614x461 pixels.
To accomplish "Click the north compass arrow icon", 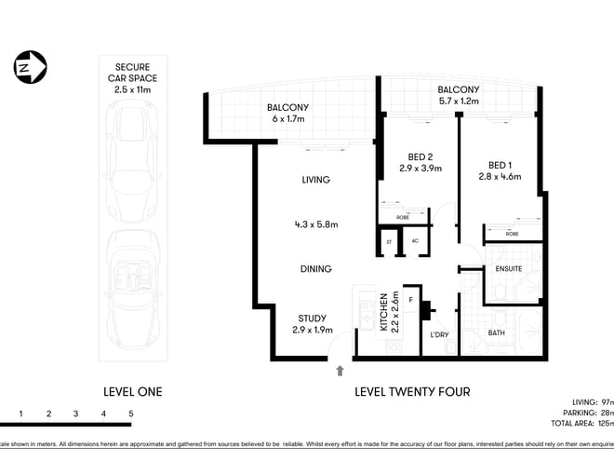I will tap(31, 68).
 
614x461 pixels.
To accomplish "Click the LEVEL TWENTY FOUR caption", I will tap(412, 392).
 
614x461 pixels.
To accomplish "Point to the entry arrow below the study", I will tap(340, 370).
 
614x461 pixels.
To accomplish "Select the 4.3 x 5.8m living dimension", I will tap(315, 224).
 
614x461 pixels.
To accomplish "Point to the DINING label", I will tap(315, 269).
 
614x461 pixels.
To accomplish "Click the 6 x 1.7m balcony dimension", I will tap(287, 120).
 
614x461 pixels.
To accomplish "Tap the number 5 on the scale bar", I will tap(131, 413).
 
